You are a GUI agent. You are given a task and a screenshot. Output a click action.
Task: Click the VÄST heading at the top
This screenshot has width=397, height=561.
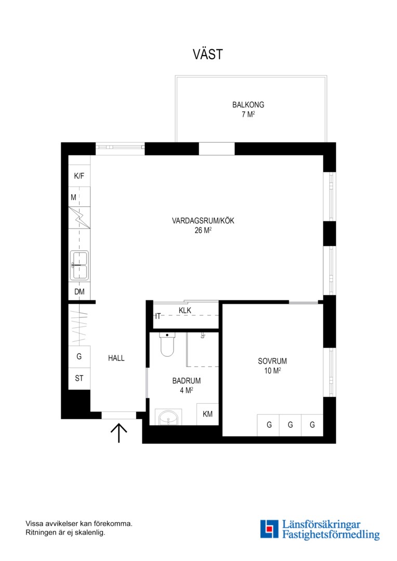(x=208, y=54)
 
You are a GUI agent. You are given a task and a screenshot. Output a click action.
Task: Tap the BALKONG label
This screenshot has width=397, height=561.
(x=248, y=105)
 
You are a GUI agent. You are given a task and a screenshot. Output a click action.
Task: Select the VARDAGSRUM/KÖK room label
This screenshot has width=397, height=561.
(x=203, y=221)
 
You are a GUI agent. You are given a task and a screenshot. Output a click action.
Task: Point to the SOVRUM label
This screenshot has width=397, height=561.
(x=272, y=362)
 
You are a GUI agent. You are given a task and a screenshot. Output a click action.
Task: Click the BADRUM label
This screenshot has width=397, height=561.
(x=187, y=381)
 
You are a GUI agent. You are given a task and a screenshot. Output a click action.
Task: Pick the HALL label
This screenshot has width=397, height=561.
(x=116, y=358)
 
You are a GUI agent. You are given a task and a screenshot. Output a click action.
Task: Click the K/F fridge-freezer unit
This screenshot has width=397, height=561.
(x=79, y=176)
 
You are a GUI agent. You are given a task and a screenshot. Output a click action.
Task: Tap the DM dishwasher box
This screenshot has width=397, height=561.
(x=79, y=291)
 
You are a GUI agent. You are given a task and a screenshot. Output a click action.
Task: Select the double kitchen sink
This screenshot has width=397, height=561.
(x=79, y=265)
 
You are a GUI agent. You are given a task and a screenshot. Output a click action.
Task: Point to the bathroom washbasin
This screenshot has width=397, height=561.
(x=168, y=417)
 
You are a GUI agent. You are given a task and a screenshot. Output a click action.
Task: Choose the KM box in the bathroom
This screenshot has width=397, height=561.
(x=208, y=415)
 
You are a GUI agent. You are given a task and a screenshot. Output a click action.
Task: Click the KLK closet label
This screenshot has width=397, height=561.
(x=185, y=311)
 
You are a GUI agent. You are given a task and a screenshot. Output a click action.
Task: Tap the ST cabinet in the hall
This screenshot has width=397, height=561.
(x=79, y=379)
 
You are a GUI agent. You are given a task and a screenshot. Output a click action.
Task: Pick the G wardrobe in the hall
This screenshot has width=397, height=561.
(x=79, y=357)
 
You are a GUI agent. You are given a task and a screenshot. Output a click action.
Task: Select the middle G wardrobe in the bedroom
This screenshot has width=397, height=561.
(x=290, y=425)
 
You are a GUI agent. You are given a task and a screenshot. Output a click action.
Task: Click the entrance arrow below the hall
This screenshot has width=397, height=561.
(x=119, y=433)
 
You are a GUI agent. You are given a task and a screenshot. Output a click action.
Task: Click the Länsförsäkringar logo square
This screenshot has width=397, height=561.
(x=269, y=529)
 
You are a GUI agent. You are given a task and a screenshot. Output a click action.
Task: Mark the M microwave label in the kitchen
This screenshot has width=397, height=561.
(x=73, y=197)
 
